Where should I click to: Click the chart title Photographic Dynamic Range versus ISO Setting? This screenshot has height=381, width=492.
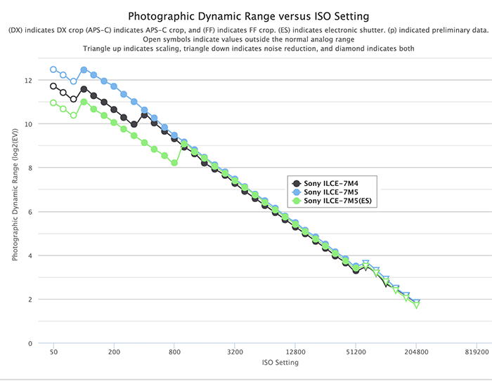[245, 15]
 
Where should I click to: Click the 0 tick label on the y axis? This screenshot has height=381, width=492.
[29, 344]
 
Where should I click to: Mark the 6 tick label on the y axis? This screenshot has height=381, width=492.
[29, 212]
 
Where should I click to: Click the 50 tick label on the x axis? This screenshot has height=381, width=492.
[53, 353]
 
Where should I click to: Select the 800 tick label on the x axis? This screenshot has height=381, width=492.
[174, 353]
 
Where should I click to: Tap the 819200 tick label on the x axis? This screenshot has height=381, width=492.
[477, 353]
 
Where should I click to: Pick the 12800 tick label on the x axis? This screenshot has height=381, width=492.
[295, 353]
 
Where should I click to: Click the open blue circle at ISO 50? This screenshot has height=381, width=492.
[53, 69]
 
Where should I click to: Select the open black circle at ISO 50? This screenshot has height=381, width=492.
[53, 86]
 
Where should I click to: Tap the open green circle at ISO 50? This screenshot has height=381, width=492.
[53, 102]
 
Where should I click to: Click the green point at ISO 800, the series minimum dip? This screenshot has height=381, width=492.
[174, 163]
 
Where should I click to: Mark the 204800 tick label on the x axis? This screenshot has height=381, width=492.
[416, 353]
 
